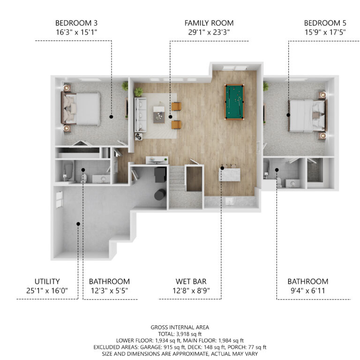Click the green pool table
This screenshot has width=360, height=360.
234,102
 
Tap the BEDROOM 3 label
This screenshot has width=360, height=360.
76,23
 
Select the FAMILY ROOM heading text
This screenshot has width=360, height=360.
209,23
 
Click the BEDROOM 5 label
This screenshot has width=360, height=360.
325,23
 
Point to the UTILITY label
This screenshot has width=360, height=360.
47,281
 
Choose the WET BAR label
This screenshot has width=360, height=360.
191,281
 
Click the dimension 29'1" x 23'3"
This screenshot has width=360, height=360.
209,32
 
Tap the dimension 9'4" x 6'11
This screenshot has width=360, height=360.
308,291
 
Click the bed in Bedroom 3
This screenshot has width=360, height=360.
81,109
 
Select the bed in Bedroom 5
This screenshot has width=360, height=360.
307,116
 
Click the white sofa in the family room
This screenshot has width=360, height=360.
140,114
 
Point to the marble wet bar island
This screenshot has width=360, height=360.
230,175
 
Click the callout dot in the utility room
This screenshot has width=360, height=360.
78,224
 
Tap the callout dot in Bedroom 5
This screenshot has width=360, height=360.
288,115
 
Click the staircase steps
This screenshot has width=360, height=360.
177,179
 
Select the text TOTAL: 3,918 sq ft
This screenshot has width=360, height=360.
180,334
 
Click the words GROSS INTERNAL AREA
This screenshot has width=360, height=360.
180,327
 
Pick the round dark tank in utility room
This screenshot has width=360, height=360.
160,195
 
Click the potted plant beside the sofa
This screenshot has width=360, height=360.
138,92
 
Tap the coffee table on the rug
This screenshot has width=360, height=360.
159,114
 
